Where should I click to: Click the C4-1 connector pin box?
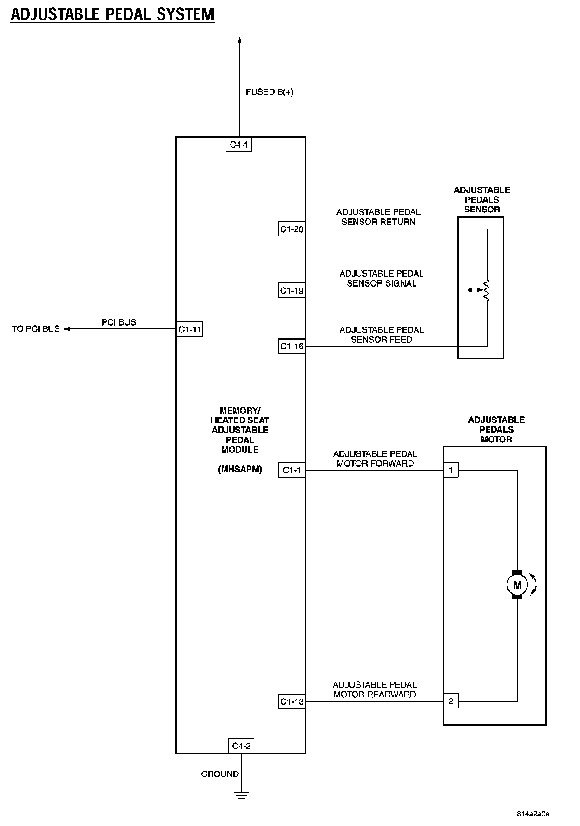[239, 145]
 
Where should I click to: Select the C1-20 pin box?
[291, 229]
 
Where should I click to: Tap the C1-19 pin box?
[291, 291]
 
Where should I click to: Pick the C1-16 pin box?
[291, 346]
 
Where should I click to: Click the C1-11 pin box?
[190, 329]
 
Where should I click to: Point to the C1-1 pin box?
[291, 471]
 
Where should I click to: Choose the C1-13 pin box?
[291, 701]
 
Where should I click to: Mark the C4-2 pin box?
[241, 746]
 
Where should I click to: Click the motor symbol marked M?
[517, 585]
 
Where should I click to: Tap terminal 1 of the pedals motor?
[451, 470]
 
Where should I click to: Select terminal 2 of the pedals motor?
[451, 701]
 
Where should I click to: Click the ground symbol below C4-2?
[242, 795]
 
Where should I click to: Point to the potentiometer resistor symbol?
[487, 290]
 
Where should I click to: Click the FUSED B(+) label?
[270, 92]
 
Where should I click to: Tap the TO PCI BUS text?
[36, 329]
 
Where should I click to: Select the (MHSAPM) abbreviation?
[240, 470]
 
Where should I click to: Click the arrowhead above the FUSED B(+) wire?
[240, 40]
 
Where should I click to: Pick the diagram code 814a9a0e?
[533, 814]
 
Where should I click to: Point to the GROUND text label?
[220, 774]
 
